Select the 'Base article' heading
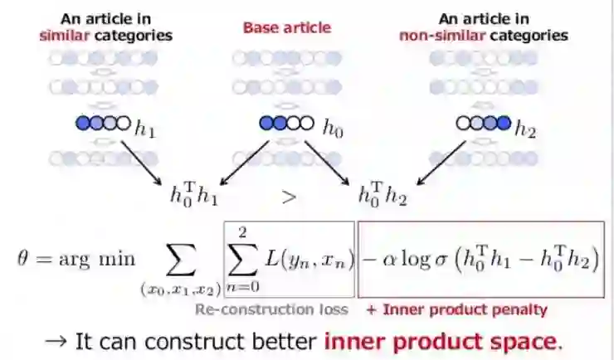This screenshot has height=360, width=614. click(x=286, y=27)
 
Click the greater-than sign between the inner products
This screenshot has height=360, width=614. click(x=289, y=197)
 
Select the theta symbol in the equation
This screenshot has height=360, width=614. click(x=25, y=258)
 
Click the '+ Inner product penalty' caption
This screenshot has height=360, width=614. click(x=457, y=309)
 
